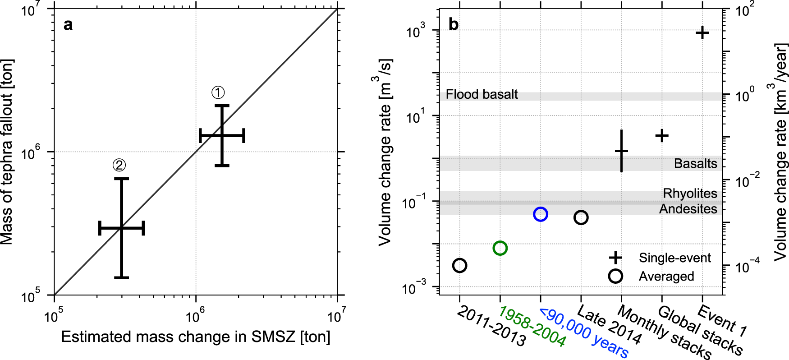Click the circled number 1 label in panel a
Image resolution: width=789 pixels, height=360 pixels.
(218, 93)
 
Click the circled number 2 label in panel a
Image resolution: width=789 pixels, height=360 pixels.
(119, 166)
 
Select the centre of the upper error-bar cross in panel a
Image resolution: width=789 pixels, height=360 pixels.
(222, 135)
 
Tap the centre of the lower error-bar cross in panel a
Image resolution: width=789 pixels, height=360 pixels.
(121, 228)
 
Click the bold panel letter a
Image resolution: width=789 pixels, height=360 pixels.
(68, 24)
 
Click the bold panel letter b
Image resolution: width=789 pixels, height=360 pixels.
(454, 24)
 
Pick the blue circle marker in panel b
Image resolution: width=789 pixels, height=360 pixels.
(540, 214)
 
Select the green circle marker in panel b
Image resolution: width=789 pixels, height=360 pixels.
(500, 248)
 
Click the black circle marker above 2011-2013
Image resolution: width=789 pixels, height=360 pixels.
(459, 265)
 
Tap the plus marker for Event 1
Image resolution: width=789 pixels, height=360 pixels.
(702, 33)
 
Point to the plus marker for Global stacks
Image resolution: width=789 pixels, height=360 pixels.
(661, 135)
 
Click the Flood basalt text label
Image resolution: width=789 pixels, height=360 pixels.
(482, 94)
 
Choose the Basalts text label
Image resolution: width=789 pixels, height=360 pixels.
(695, 163)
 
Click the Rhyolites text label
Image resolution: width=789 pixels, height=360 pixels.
(690, 194)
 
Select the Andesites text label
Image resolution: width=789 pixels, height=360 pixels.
(688, 209)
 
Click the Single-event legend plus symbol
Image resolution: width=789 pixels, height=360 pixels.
(615, 258)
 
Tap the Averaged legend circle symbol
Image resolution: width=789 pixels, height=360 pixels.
(615, 276)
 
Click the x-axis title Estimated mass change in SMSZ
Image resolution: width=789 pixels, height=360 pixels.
(196, 337)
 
